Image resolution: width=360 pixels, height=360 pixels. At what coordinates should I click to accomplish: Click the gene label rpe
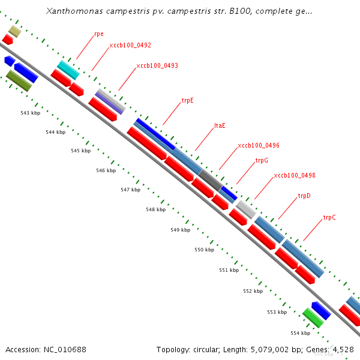click(99, 34)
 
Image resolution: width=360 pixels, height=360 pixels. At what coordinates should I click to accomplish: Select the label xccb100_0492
click(130, 45)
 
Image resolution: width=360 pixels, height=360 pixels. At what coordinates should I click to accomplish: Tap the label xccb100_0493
click(157, 65)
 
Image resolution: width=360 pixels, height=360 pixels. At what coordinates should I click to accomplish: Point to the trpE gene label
click(187, 101)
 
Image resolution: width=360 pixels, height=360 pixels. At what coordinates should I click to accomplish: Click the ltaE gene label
click(220, 126)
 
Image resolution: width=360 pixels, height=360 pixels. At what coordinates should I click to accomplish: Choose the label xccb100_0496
click(258, 145)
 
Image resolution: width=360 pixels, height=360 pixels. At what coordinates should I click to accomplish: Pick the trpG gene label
click(262, 160)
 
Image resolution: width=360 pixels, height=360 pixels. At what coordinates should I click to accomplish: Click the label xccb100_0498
click(294, 175)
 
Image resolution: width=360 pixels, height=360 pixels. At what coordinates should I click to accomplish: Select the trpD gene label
click(304, 196)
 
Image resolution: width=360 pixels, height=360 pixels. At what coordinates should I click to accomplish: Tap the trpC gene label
click(329, 217)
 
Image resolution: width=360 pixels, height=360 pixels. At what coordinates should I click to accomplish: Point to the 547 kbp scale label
click(130, 190)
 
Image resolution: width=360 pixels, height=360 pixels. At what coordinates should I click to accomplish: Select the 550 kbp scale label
click(204, 250)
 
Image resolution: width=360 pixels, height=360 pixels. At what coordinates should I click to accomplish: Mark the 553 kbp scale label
click(277, 312)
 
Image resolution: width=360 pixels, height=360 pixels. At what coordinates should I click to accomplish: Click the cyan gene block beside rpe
click(68, 70)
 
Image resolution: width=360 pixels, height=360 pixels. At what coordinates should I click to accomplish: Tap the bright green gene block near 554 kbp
click(313, 317)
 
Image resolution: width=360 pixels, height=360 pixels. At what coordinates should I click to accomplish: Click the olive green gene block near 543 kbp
click(19, 80)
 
